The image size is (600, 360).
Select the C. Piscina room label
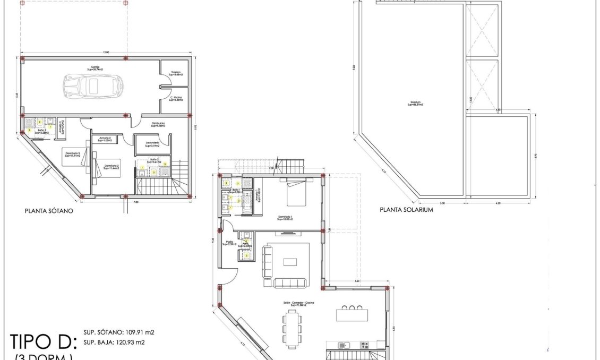175,99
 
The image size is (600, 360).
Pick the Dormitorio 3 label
73,154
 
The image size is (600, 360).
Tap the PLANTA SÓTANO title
49,210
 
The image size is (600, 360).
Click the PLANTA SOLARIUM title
407,210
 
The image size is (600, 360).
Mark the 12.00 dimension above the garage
106,53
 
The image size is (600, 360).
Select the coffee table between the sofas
290,261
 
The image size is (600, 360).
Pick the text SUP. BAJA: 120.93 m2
114,342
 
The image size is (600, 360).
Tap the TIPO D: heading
45,340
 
